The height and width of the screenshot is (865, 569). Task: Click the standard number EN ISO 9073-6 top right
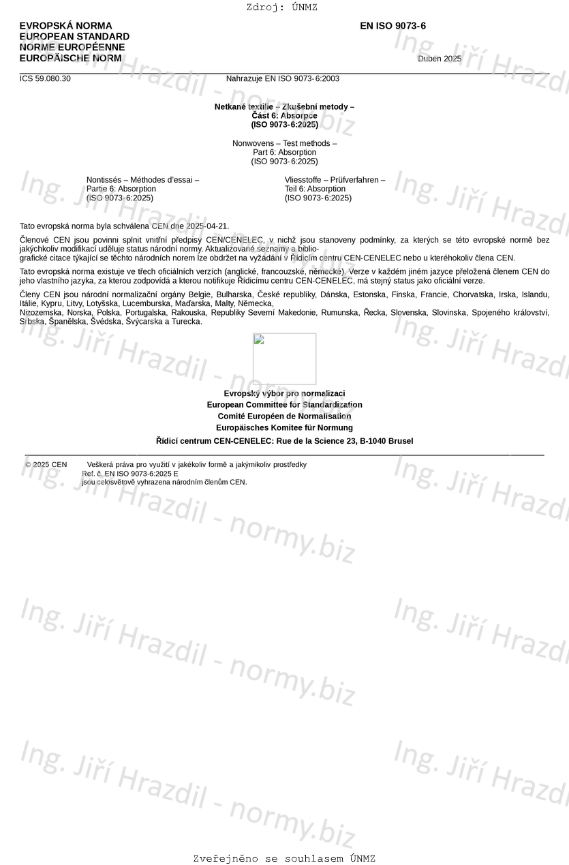tap(393, 26)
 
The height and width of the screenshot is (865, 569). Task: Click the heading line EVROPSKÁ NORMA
tap(65, 26)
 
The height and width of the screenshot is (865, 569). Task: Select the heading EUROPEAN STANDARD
tap(74, 37)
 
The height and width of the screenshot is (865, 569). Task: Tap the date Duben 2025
tap(439, 59)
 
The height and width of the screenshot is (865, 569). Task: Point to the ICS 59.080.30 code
tap(45, 78)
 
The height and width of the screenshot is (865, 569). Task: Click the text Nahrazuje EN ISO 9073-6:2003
tap(282, 78)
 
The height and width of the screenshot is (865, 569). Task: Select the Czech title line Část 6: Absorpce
tap(284, 116)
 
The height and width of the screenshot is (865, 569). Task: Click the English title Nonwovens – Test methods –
tap(284, 144)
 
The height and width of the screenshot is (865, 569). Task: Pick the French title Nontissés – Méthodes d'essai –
tap(142, 180)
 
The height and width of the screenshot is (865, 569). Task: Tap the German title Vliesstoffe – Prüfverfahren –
tap(335, 180)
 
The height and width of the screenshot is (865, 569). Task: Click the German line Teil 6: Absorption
tap(315, 189)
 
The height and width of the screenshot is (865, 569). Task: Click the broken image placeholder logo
tap(284, 359)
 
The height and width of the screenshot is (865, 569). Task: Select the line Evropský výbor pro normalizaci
tap(284, 393)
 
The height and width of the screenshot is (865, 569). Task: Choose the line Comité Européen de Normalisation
tap(284, 416)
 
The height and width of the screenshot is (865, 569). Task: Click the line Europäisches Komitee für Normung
tap(284, 428)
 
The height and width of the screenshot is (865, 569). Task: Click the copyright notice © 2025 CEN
tap(46, 465)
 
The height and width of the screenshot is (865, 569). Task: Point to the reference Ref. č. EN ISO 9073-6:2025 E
tap(130, 474)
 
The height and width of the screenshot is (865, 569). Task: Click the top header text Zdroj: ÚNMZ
tap(281, 7)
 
